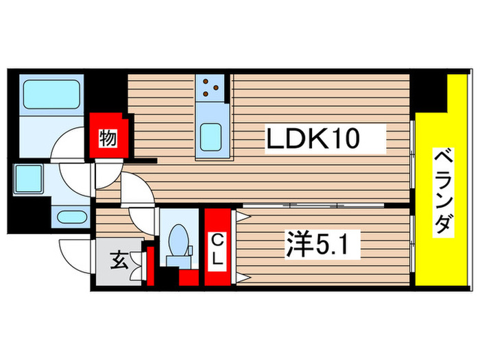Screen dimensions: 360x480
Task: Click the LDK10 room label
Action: tap(324, 141)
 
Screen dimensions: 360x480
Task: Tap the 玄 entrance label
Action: tap(117, 261)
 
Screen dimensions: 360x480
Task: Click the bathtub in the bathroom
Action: tap(51, 95)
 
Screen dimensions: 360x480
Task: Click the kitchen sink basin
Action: tap(211, 133)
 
